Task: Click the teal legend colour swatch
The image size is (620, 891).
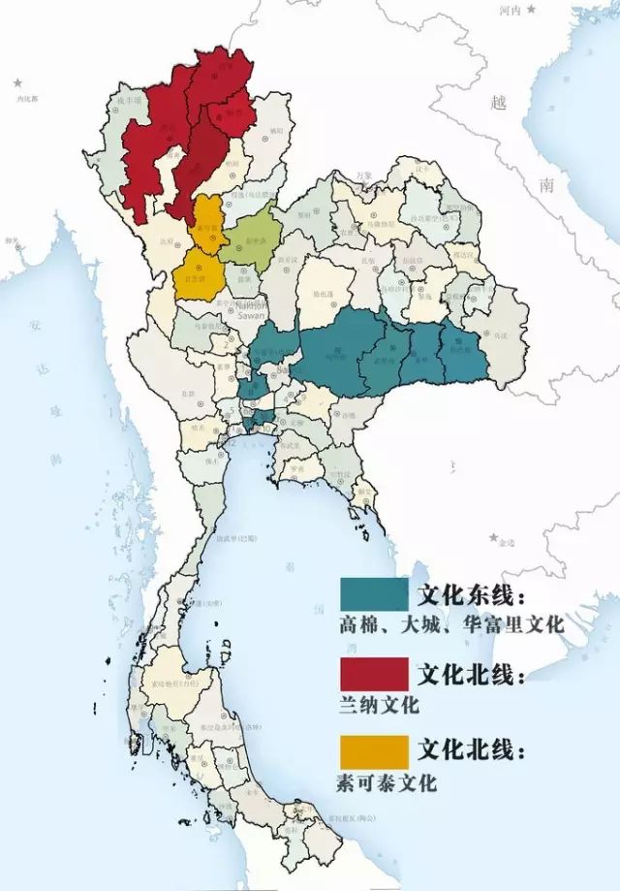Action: click(x=374, y=593)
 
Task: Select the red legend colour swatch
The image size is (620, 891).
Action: click(x=374, y=673)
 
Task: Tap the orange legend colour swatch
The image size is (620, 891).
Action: click(x=374, y=751)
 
